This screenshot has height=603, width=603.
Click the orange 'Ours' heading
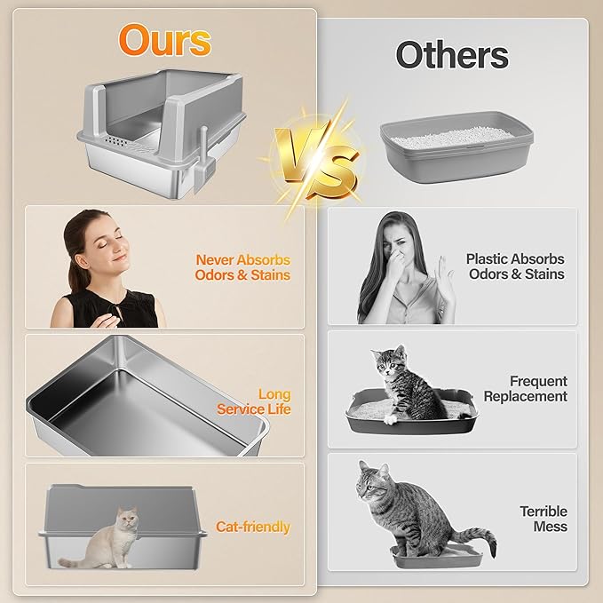tap(165, 41)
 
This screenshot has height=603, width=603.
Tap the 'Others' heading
tap(452, 55)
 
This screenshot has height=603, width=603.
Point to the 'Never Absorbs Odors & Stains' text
tap(242, 267)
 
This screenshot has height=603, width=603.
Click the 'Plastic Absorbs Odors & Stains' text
tap(515, 266)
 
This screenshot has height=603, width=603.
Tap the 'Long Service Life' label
tap(258, 401)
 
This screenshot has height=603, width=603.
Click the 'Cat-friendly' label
tap(253, 527)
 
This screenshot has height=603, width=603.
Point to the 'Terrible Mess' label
tap(543, 519)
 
